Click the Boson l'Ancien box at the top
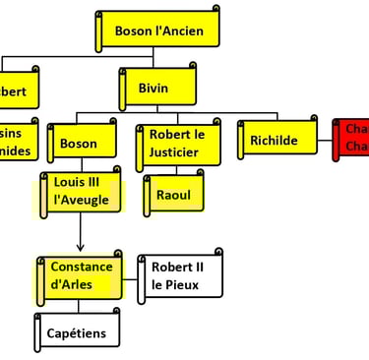[157, 30]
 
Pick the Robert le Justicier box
[177, 144]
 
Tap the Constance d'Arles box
[82, 276]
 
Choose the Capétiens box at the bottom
[79, 333]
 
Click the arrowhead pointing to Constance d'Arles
[80, 247]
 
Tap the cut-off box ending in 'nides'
[18, 142]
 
